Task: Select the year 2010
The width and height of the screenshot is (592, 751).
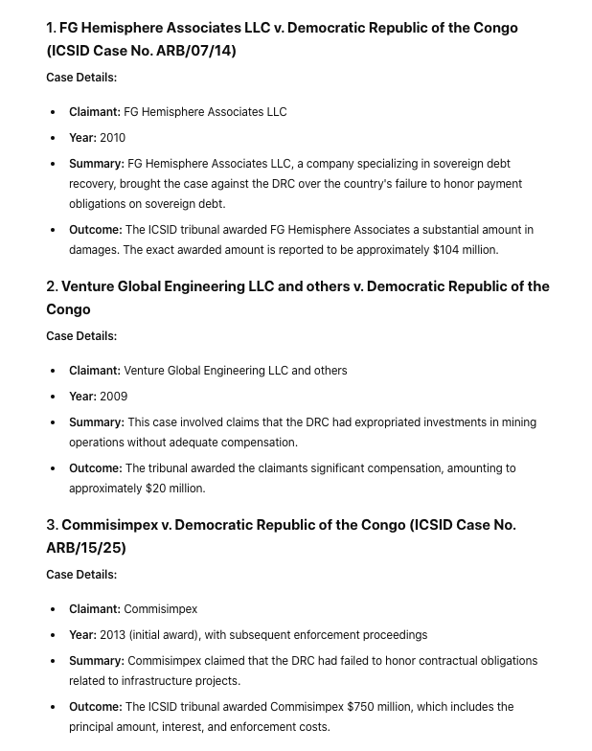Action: coord(113,138)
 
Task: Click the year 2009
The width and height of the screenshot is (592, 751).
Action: coord(114,397)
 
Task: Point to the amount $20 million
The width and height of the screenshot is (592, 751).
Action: coord(174,489)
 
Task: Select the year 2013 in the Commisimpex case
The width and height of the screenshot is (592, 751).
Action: coord(113,635)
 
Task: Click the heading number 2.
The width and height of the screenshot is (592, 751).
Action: coord(52,286)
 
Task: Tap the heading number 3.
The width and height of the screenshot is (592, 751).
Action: coord(52,525)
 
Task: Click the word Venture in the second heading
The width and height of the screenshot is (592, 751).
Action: coord(93,286)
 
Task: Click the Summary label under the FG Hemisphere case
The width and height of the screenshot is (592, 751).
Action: coord(96,164)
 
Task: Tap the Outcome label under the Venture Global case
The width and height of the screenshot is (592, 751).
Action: coord(95,468)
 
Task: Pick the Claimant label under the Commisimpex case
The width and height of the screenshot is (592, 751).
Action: coord(95,609)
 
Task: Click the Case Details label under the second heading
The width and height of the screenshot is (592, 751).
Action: coord(81,336)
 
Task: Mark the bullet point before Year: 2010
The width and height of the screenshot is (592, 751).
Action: coord(53,138)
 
